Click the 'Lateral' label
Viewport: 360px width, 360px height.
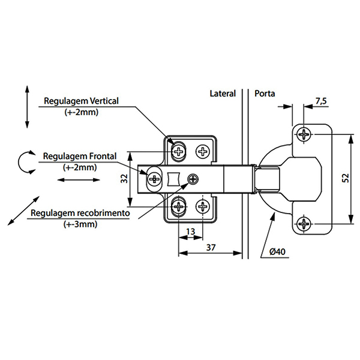[x=223, y=94]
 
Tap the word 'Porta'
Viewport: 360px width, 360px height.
[x=265, y=94]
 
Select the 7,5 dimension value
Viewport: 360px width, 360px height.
[x=320, y=101]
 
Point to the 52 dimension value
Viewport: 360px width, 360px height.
[x=344, y=178]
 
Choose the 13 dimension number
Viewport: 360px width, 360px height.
[x=191, y=232]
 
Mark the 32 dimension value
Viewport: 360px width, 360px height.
[x=124, y=178]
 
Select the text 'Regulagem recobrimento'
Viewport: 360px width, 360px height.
[x=80, y=213]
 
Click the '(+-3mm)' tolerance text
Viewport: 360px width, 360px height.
[x=80, y=224]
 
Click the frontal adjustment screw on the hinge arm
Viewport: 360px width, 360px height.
[x=155, y=178]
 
